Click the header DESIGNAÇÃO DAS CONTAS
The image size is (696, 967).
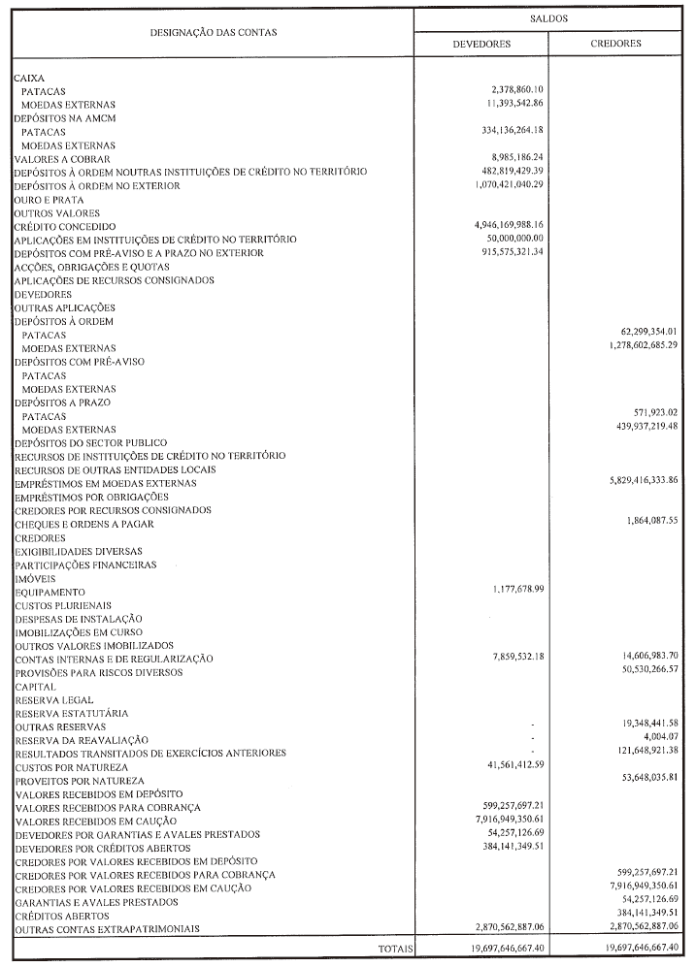coord(213,32)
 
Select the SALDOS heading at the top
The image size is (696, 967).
coord(549,18)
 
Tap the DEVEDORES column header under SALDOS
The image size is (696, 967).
coord(481,44)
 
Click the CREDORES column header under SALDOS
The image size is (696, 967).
coord(615,44)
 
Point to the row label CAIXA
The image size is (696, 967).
coord(29,77)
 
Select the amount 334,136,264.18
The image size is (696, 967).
coord(503,130)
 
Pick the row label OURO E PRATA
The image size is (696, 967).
coord(49,199)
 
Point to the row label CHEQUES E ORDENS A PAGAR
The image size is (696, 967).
coord(83,524)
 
